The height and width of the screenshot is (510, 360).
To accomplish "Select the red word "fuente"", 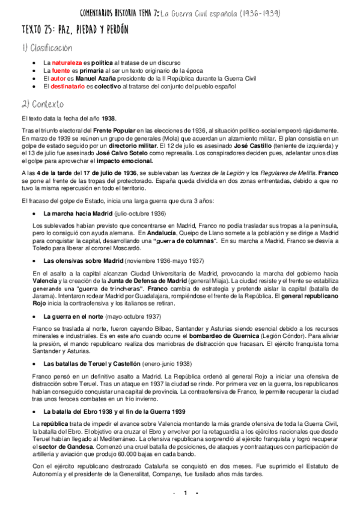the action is click(x=61, y=70).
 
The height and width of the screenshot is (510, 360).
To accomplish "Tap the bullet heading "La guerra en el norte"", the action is click(x=73, y=316).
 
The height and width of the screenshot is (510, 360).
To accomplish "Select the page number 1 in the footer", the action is click(x=186, y=493).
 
